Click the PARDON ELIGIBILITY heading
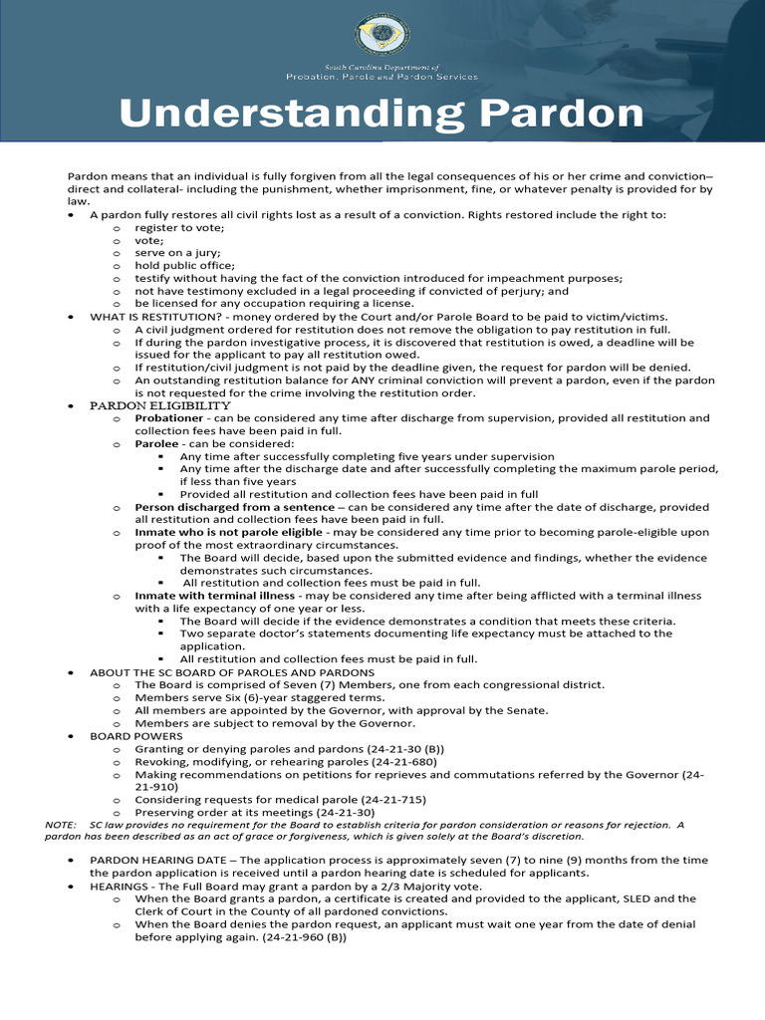160,405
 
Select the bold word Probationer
170,418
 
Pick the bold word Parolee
156,443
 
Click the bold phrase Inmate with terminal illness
215,596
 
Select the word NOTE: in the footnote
61,825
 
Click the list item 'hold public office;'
185,266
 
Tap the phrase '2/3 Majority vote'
429,886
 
